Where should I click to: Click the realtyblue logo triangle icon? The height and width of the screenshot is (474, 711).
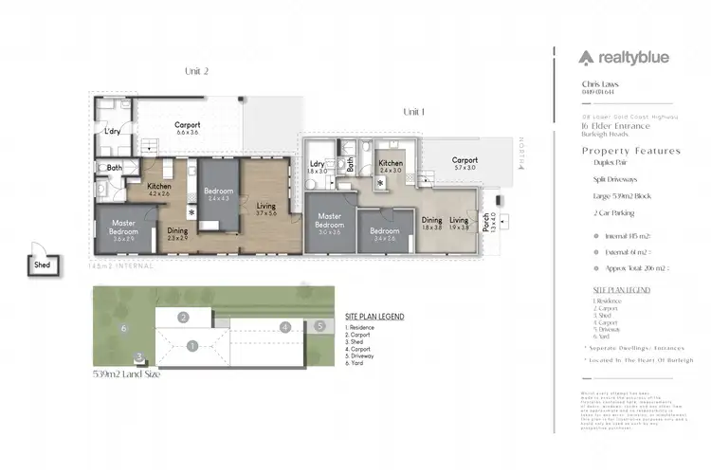(x=588, y=57)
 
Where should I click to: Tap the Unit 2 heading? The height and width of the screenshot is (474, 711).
(x=195, y=70)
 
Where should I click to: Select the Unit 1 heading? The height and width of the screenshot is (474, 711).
(x=414, y=112)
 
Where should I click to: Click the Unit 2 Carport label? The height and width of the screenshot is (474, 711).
(x=188, y=125)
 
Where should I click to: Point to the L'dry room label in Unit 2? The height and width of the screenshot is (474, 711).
(x=112, y=131)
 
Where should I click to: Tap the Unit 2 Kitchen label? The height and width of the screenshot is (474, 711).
(x=158, y=186)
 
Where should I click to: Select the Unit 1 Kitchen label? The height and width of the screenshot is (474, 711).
(x=392, y=164)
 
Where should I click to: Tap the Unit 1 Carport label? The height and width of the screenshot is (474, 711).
(x=464, y=160)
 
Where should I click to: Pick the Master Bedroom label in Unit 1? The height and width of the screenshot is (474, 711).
(x=329, y=220)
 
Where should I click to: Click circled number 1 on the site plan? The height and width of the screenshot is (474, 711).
(x=192, y=346)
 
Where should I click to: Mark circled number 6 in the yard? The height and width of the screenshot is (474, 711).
(x=123, y=329)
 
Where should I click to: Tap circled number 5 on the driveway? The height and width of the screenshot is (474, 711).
(x=320, y=326)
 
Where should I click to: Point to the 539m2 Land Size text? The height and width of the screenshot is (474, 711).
(x=126, y=374)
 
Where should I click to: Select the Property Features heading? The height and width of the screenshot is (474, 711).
(x=630, y=151)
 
